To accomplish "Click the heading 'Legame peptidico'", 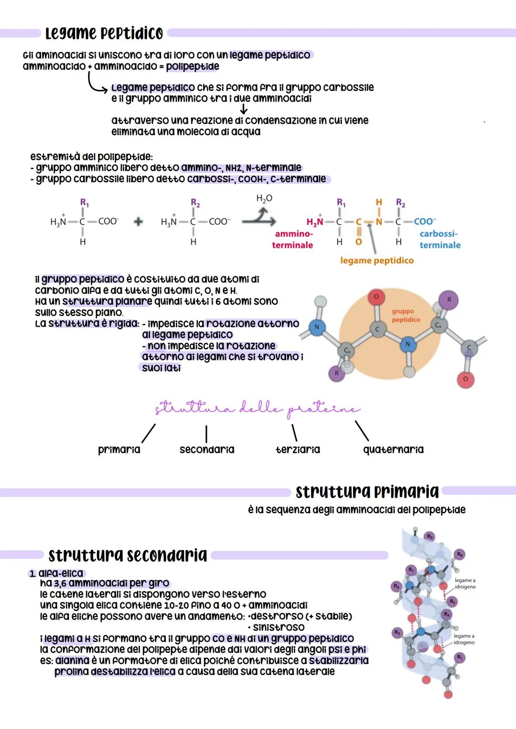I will (x=104, y=33).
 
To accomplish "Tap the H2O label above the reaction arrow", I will (x=264, y=199).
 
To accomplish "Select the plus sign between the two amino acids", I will (x=139, y=222).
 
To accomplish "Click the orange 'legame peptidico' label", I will (x=376, y=261).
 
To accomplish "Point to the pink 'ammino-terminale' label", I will (x=292, y=240).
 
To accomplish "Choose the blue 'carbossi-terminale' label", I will (x=440, y=240).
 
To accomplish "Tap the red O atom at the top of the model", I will (x=376, y=297).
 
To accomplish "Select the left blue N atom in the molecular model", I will (x=316, y=328).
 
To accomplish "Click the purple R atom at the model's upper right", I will (x=449, y=299).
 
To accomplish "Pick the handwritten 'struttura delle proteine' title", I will (x=257, y=409).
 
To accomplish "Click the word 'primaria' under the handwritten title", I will (x=119, y=450).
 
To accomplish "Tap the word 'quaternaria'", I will (x=393, y=450).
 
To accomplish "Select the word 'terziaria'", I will (x=298, y=450).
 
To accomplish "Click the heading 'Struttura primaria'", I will (x=367, y=492).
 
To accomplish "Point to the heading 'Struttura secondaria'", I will (x=128, y=555).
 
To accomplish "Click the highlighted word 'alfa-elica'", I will (x=61, y=573).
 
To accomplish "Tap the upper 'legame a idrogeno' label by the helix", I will (x=465, y=583).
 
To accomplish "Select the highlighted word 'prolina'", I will (x=72, y=672).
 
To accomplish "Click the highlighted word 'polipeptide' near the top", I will (x=193, y=66).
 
